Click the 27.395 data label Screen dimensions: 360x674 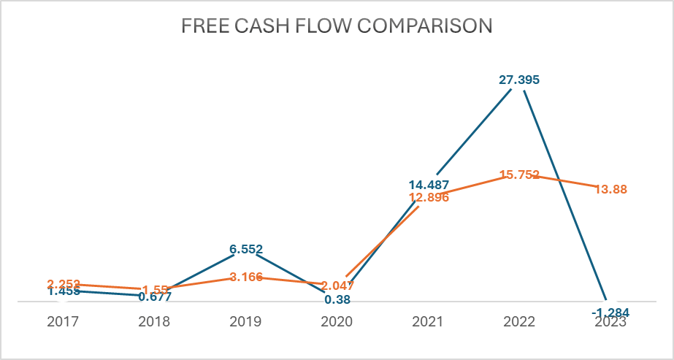pos(519,80)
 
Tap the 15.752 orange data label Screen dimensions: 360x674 pos(519,175)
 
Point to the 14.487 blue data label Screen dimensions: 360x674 pos(429,185)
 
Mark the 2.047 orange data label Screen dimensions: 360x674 pos(337,286)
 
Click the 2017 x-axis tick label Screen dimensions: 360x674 pos(63,321)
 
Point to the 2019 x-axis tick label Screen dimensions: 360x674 pos(246,321)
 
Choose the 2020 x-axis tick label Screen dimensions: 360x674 pos(337,321)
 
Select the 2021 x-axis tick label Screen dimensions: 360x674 pos(429,321)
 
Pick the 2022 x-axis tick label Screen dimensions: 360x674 pos(519,321)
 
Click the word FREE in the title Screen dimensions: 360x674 pos(202,26)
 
